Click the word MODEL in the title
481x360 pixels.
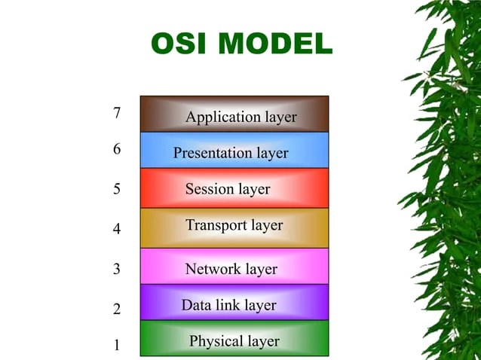276,44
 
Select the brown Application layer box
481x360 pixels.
234,114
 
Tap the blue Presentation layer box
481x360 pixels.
234,151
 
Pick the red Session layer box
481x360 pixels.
234,188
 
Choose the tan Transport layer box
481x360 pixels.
234,227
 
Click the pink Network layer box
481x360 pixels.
234,267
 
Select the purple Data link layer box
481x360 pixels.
234,303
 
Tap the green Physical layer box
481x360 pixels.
234,339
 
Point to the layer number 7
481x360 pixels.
117,114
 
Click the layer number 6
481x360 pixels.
117,149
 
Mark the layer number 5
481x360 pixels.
117,189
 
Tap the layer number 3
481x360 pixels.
117,269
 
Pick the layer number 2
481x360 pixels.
117,309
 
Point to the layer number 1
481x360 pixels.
117,346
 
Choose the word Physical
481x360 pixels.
214,341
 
